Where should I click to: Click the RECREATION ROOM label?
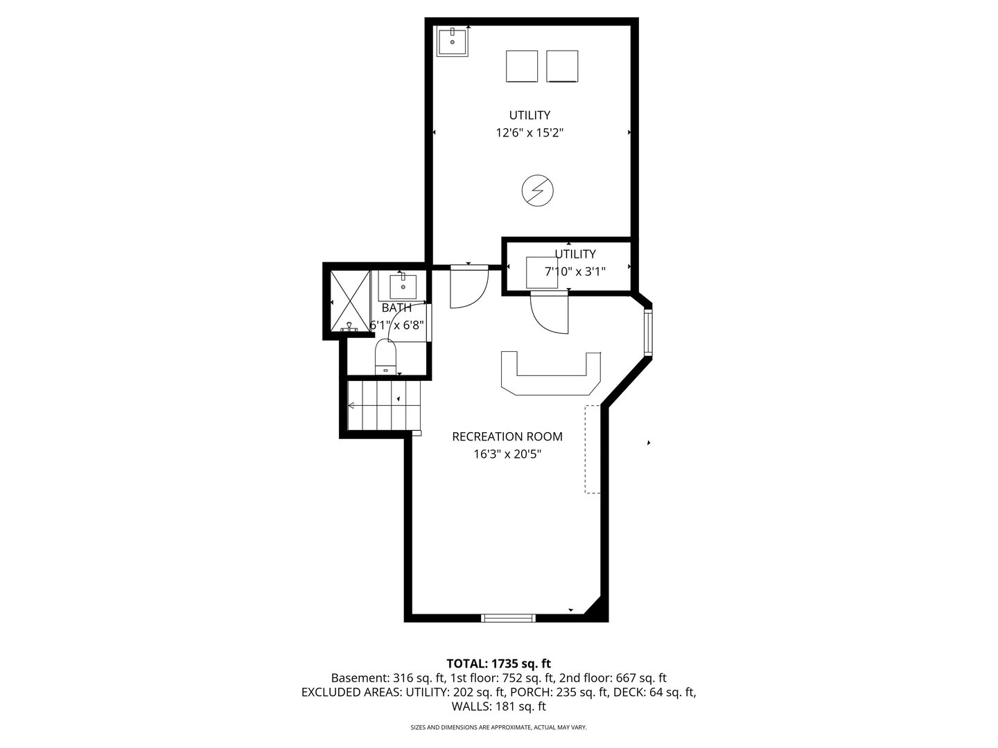507,436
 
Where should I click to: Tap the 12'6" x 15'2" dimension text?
529,133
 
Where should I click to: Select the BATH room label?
396,308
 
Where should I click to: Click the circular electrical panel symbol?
537,190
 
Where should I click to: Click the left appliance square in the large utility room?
522,66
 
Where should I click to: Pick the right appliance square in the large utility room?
562,66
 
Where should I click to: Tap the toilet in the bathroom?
385,357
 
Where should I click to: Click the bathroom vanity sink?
403,285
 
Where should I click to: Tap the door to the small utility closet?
549,312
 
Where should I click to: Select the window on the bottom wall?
508,618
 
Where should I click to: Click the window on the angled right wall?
648,332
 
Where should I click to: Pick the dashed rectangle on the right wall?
592,449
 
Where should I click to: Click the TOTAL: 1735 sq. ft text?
498,664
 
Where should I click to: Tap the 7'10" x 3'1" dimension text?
575,272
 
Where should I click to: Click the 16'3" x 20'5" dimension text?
507,454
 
